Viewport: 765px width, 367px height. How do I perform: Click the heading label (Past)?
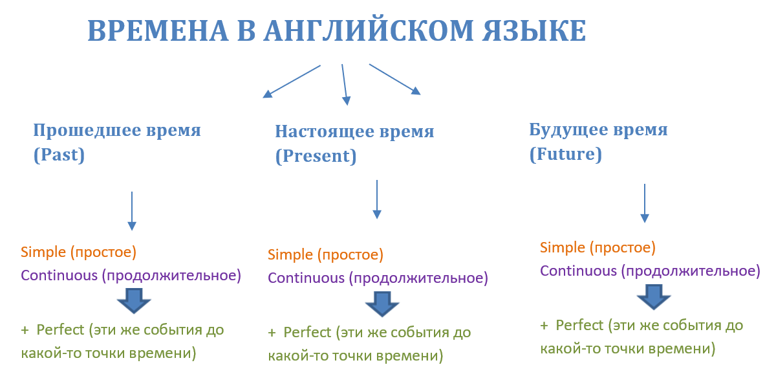[59, 155]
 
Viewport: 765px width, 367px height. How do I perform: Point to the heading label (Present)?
[316, 157]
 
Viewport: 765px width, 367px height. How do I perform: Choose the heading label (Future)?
[565, 155]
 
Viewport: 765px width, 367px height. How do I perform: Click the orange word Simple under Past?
[43, 252]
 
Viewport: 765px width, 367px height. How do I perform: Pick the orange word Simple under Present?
[290, 254]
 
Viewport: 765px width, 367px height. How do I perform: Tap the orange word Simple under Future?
[563, 247]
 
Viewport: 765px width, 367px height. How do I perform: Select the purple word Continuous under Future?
[579, 271]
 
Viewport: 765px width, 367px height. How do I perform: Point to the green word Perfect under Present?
[307, 333]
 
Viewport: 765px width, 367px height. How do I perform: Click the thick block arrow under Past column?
[134, 301]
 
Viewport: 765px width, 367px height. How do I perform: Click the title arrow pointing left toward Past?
[292, 81]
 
